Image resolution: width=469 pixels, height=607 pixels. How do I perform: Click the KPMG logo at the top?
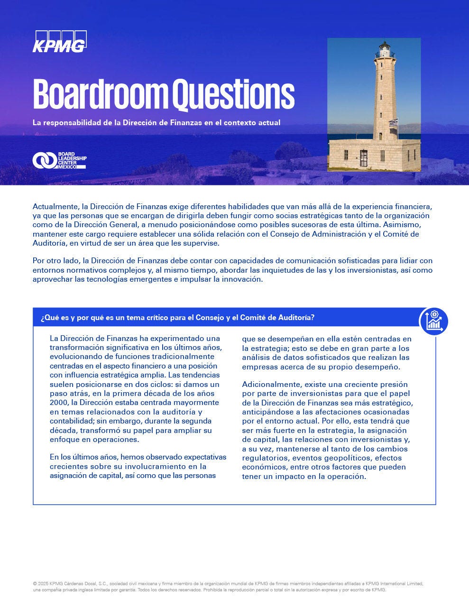pyautogui.click(x=59, y=41)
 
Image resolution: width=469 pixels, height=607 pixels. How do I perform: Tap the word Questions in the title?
pyautogui.click(x=233, y=94)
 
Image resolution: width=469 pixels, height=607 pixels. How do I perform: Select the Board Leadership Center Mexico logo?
pyautogui.click(x=59, y=160)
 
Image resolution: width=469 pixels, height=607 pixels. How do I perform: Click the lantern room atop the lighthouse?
pyautogui.click(x=384, y=49)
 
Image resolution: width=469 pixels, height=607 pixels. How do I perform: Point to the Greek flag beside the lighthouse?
pyautogui.click(x=393, y=123)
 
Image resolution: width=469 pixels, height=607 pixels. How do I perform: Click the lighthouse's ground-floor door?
pyautogui.click(x=364, y=157)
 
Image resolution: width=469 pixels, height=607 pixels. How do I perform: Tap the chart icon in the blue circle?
pyautogui.click(x=434, y=322)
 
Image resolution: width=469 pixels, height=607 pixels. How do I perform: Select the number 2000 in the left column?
pyautogui.click(x=59, y=403)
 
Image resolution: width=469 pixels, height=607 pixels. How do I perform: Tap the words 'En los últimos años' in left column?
pyautogui.click(x=83, y=457)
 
